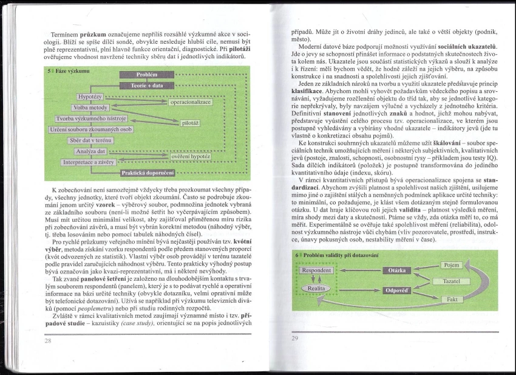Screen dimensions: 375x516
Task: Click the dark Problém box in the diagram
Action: [148, 75]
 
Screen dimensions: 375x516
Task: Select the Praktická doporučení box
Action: [148, 173]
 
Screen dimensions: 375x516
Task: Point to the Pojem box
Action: [452, 265]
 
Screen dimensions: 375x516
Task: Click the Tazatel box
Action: [452, 282]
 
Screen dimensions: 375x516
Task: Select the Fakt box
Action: [452, 299]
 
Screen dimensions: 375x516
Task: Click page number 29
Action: [296, 339]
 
